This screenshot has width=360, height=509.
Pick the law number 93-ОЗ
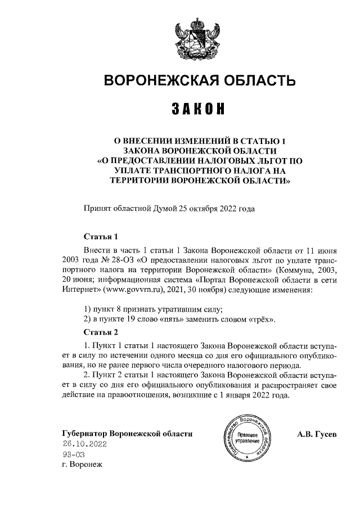[74, 454]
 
